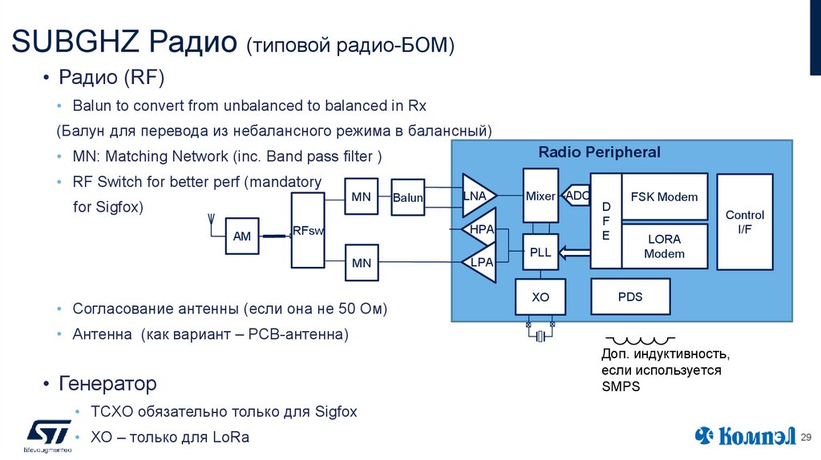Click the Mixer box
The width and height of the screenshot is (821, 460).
click(540, 196)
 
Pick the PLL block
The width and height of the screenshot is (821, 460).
click(540, 252)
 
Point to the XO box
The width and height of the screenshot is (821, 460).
click(540, 297)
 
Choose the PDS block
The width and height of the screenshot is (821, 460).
click(630, 297)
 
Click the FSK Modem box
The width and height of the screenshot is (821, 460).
click(664, 196)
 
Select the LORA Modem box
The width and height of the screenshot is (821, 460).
click(664, 246)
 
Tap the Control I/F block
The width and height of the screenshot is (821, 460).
click(744, 221)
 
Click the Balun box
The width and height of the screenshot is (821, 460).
click(407, 198)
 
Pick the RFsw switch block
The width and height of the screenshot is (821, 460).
click(307, 231)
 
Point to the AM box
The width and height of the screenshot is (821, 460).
click(242, 236)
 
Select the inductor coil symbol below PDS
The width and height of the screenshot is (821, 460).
click(638, 340)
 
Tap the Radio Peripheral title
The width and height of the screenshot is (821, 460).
click(599, 152)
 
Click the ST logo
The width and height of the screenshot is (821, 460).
click(49, 434)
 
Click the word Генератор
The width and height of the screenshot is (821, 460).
click(107, 384)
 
